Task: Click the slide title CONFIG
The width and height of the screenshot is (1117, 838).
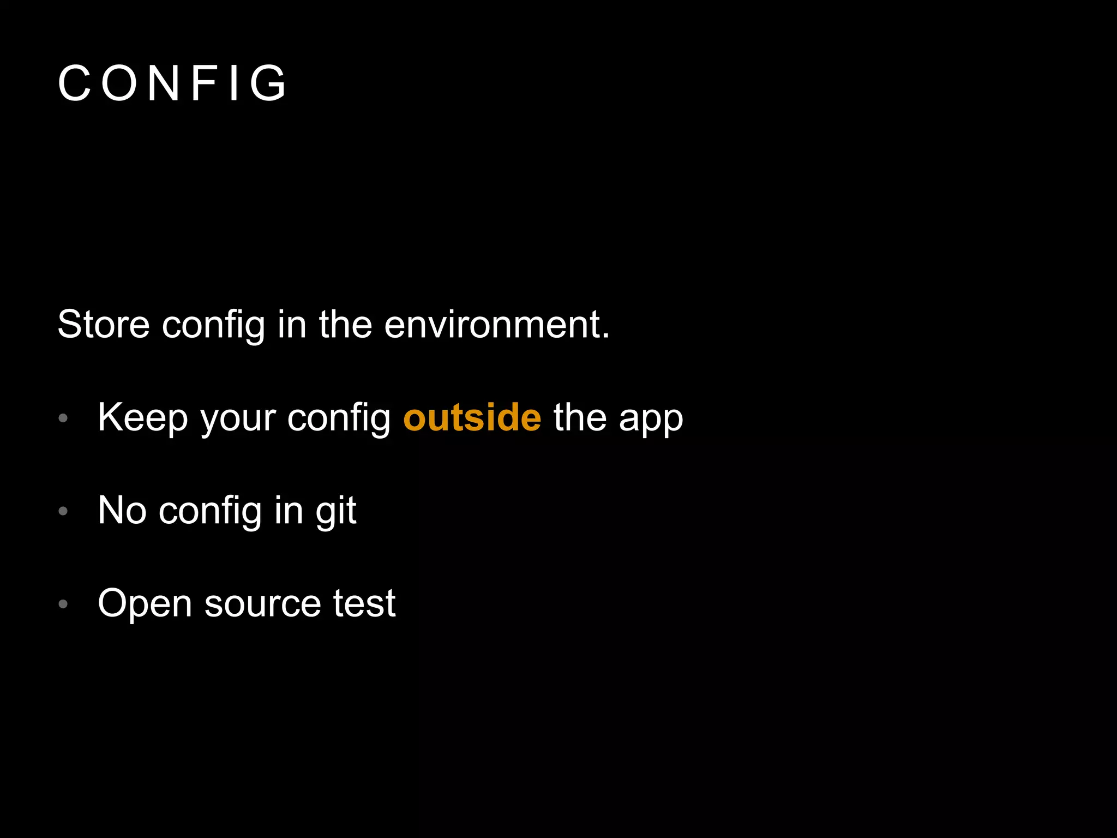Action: coord(172,83)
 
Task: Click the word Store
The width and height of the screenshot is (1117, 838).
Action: coord(103,325)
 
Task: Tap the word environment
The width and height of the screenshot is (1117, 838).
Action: coord(496,325)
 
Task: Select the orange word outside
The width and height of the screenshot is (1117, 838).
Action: coord(472,418)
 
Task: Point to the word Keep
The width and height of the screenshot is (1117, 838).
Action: coord(143,418)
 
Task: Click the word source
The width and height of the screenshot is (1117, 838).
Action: coord(262,604)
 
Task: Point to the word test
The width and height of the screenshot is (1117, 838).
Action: coord(364,603)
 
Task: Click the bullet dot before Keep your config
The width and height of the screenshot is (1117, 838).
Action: coord(63,418)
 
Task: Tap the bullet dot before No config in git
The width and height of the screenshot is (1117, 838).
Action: coord(63,511)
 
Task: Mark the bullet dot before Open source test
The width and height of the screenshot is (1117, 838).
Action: coord(63,604)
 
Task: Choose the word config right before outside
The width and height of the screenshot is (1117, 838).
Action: coord(339,419)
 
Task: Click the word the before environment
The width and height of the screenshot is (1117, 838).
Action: coord(345,325)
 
